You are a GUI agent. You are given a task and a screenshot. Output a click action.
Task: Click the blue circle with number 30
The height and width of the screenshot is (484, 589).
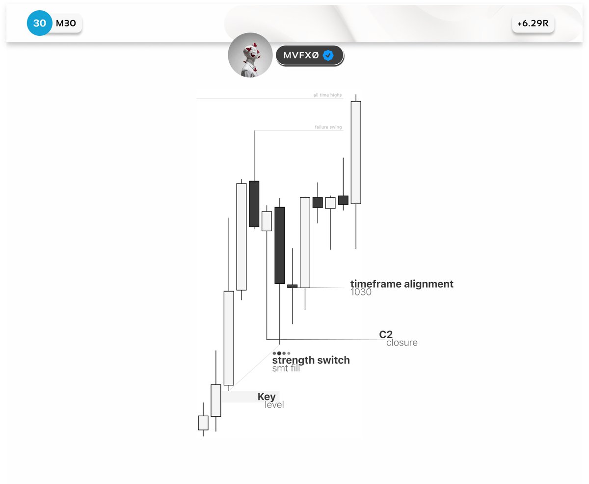pos(39,23)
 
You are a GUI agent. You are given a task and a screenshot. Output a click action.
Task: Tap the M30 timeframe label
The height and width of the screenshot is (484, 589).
pos(66,23)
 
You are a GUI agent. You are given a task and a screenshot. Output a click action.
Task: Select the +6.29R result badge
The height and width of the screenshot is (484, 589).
pos(533,24)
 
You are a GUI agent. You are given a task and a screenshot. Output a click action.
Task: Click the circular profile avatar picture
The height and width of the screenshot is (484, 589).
pos(250,55)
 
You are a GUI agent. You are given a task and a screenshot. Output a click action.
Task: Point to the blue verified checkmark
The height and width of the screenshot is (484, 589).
pos(328,55)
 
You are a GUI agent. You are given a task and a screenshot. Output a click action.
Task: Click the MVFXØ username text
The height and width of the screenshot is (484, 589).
pos(301,55)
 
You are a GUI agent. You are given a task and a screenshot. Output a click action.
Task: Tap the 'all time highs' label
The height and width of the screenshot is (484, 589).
pos(327,95)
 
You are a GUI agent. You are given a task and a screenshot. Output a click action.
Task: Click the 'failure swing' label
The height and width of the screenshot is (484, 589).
pos(328,127)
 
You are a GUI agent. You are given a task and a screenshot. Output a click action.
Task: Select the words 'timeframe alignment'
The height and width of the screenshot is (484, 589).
pos(402,284)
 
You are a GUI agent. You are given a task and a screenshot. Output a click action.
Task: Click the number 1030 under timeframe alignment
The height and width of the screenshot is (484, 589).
pos(361,292)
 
